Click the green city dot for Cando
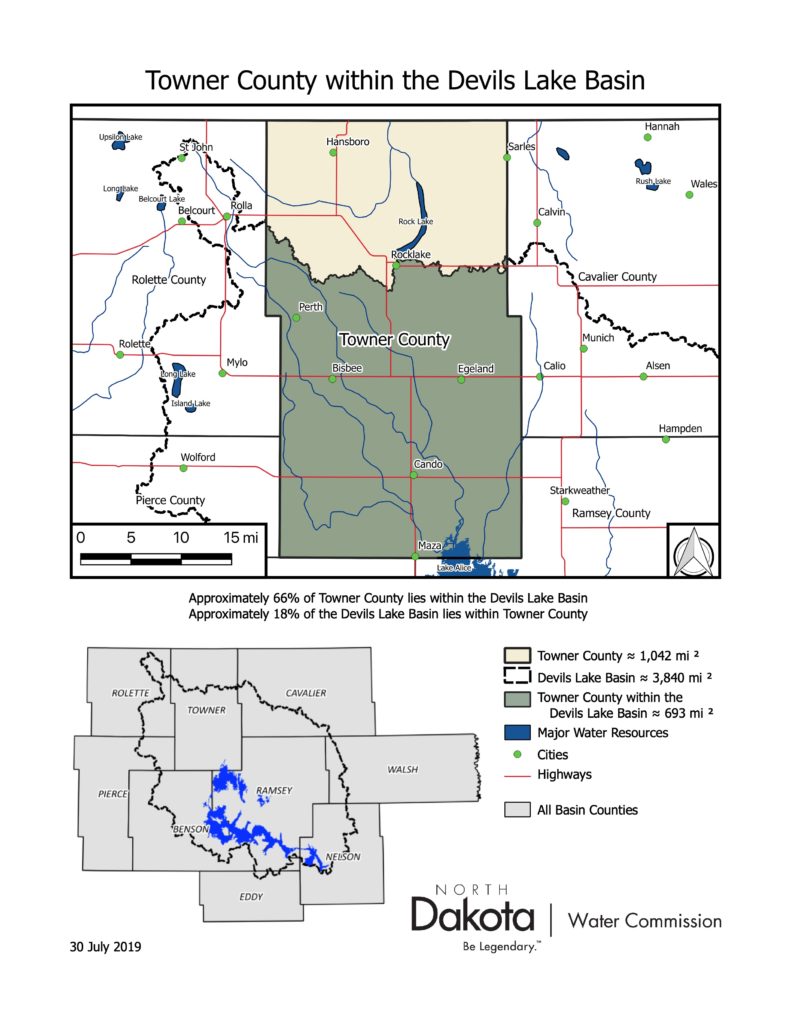point(413,474)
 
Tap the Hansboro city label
point(348,142)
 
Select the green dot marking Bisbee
point(333,379)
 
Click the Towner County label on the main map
point(394,339)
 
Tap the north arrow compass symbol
point(691,551)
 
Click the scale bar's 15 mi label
point(241,538)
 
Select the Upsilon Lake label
point(121,136)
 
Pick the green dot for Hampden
point(666,439)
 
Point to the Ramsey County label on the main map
point(611,513)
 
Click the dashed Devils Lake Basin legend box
point(516,677)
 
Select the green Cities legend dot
point(516,755)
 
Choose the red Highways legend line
point(516,774)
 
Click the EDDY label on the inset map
point(251,897)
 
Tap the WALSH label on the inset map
point(403,769)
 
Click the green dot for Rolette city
point(120,354)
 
